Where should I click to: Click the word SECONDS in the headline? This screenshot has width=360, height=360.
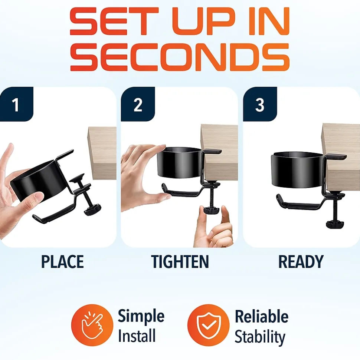click(x=180, y=57)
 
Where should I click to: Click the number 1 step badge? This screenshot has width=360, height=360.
click(x=17, y=104)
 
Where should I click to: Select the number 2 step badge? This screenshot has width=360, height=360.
click(x=138, y=104)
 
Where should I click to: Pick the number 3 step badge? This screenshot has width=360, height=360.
click(x=260, y=104)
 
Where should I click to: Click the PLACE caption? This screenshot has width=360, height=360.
click(x=62, y=261)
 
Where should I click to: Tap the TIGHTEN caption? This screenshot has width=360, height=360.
click(x=180, y=261)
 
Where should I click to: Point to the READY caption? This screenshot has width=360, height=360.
click(x=301, y=261)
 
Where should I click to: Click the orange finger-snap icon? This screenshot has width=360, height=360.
click(x=92, y=325)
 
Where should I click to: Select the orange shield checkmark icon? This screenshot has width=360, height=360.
click(x=208, y=325)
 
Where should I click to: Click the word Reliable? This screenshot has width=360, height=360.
click(x=262, y=317)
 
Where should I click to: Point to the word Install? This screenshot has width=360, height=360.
click(x=137, y=336)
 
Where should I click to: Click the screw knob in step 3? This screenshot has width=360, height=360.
click(x=335, y=224)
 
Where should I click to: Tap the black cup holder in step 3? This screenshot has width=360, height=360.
click(x=297, y=169)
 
